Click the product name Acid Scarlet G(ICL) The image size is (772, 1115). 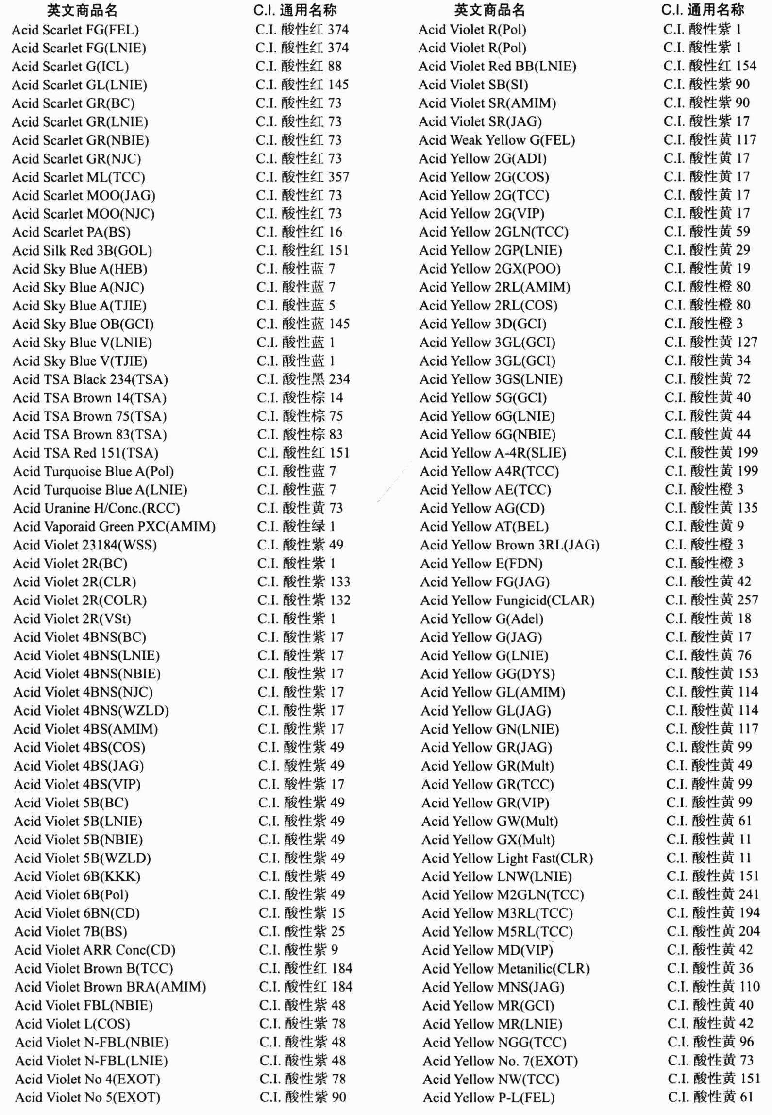pyautogui.click(x=70, y=67)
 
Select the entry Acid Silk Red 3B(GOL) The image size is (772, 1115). pyautogui.click(x=82, y=251)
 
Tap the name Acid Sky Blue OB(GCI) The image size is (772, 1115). pyautogui.click(x=83, y=324)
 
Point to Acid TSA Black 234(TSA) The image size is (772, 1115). pyautogui.click(x=90, y=379)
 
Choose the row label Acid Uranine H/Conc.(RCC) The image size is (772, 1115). pyautogui.click(x=97, y=508)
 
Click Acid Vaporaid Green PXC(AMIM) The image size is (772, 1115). pyautogui.click(x=114, y=527)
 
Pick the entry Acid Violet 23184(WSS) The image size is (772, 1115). pyautogui.click(x=85, y=545)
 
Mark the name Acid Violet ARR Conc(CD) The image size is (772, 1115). pyautogui.click(x=95, y=950)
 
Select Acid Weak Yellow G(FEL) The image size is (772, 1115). pyautogui.click(x=497, y=140)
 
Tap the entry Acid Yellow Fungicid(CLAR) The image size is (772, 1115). pyautogui.click(x=507, y=600)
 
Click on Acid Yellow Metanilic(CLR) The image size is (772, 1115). pyautogui.click(x=506, y=968)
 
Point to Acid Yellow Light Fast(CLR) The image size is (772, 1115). pyautogui.click(x=507, y=858)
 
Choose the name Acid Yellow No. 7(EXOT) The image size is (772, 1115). pyautogui.click(x=500, y=1061)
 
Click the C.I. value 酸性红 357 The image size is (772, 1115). pyautogui.click(x=302, y=177)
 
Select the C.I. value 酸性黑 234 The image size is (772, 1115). pyautogui.click(x=303, y=379)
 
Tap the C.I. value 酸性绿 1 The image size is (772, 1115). pyautogui.click(x=296, y=526)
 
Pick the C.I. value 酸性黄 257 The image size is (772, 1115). pyautogui.click(x=712, y=600)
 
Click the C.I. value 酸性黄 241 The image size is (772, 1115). pyautogui.click(x=713, y=894)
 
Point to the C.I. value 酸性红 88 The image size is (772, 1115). pyautogui.click(x=299, y=66)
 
